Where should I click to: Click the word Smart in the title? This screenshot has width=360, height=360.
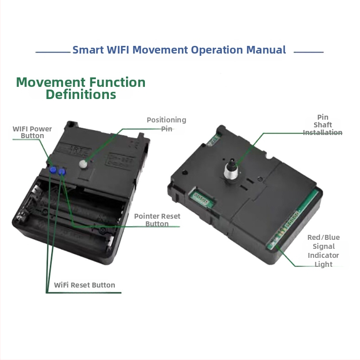88,50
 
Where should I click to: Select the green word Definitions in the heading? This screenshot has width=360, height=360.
81,94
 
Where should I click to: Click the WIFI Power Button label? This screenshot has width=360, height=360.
32,132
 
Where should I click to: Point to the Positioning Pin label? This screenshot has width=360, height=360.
166,124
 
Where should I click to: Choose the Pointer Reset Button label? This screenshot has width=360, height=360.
157,220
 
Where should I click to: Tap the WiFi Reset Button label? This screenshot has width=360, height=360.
85,285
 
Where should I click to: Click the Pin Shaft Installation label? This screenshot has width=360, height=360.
323,125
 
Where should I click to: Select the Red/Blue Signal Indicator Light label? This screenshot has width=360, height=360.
323,251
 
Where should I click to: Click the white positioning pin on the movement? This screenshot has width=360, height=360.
83,164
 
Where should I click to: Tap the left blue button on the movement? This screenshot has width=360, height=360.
53,170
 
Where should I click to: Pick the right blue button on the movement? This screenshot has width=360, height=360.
62,172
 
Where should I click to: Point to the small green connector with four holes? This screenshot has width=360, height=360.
201,198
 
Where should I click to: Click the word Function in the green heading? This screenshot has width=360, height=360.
117,82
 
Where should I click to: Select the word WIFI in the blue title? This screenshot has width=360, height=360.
118,50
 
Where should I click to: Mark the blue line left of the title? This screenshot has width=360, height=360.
53,52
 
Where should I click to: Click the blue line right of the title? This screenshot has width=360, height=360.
309,52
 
